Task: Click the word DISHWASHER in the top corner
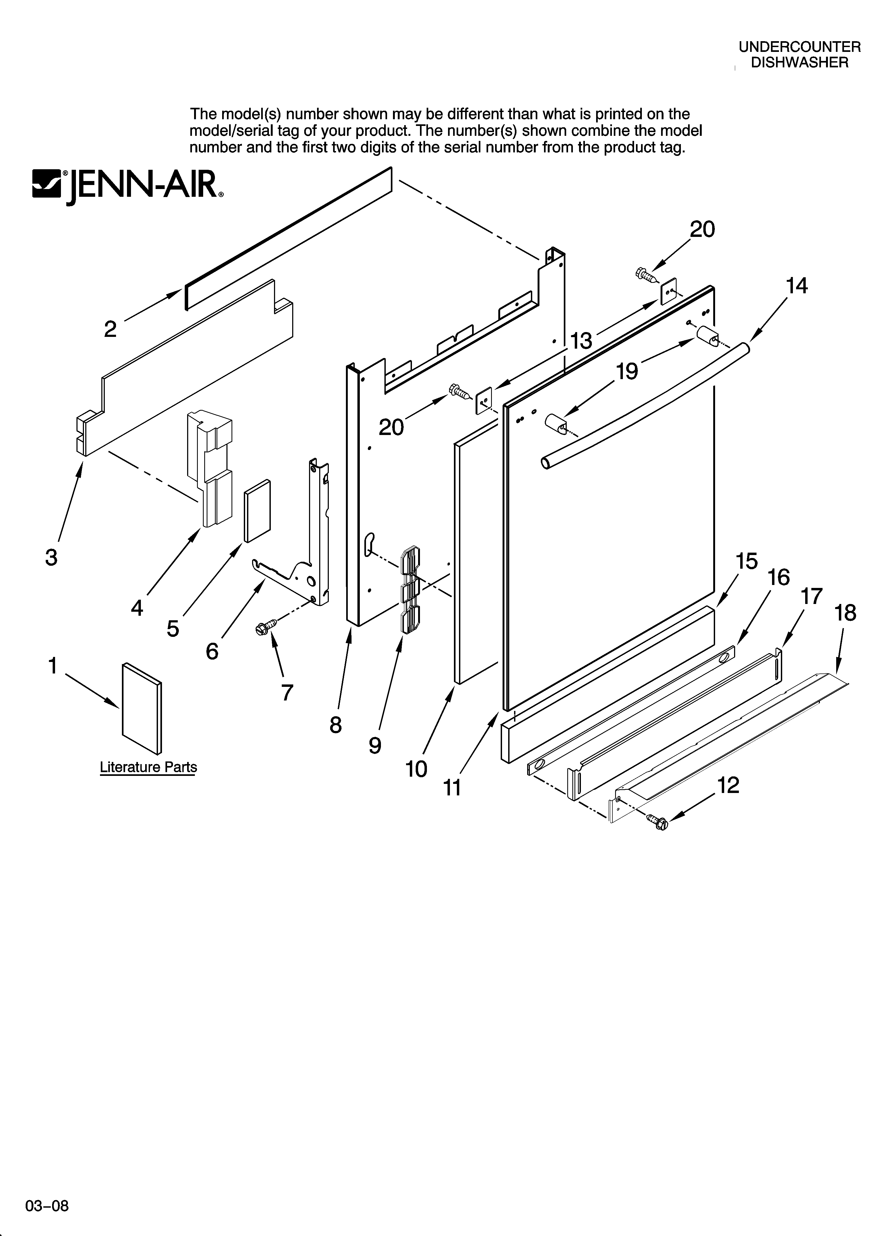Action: pos(800,63)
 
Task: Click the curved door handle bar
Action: pos(643,403)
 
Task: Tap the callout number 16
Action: pos(779,577)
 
